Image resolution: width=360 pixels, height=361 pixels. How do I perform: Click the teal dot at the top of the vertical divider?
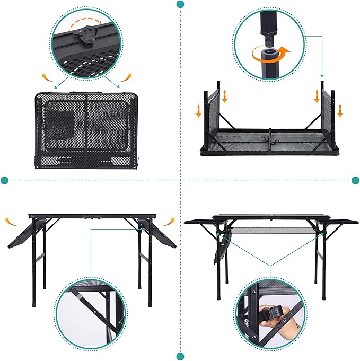pos(180,4)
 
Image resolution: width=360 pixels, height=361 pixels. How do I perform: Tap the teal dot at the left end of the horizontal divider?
pos(5,180)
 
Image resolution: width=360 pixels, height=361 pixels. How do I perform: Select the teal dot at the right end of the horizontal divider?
pos(355,180)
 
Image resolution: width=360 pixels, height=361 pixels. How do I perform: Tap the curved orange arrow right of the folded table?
pos(126,78)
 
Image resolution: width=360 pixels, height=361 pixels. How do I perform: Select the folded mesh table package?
pos(86,130)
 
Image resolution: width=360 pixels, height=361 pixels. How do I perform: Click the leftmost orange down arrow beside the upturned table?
pos(198,110)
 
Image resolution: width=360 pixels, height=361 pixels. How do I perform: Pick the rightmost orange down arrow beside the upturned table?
pos(340,110)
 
